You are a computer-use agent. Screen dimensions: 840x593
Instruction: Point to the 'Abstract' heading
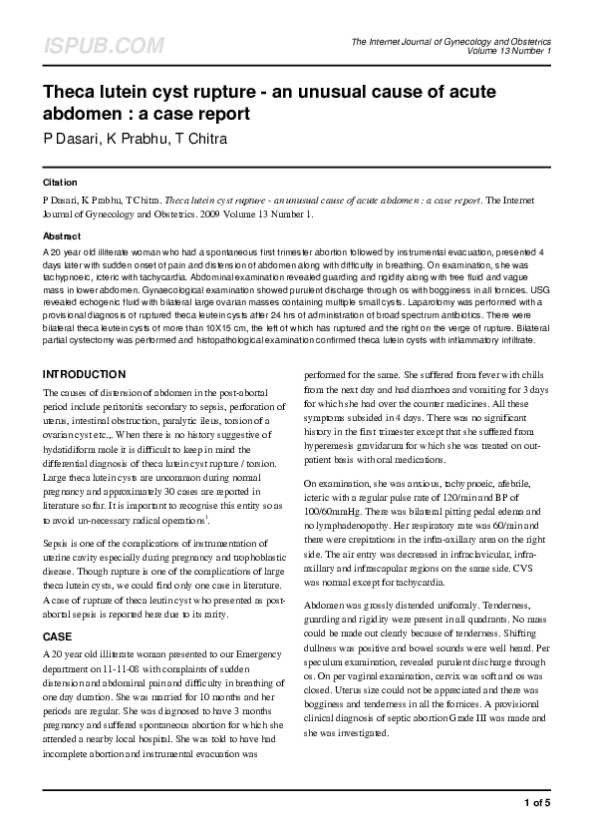pyautogui.click(x=61, y=235)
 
